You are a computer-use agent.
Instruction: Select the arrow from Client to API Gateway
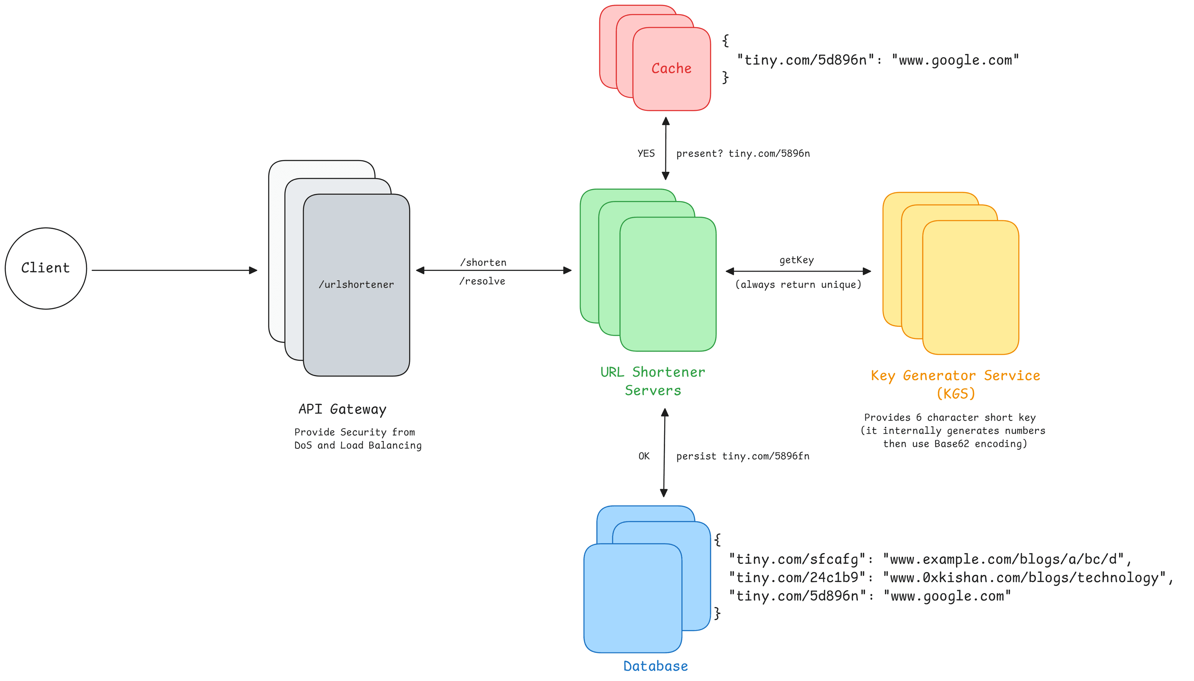coord(173,270)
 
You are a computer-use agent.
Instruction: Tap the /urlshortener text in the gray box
coord(356,284)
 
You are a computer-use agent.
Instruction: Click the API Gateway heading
coord(342,409)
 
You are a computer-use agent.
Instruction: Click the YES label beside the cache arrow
coord(646,153)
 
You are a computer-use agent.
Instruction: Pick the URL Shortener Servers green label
coord(652,381)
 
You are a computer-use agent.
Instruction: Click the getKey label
coord(796,260)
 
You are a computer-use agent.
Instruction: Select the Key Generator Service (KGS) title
coord(955,384)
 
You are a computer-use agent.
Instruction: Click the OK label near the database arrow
coord(644,456)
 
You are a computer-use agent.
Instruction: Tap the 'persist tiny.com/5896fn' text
coord(742,456)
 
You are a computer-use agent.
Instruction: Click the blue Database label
coord(655,665)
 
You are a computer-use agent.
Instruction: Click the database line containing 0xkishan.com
coord(950,578)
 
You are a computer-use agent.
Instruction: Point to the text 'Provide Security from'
coord(354,432)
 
